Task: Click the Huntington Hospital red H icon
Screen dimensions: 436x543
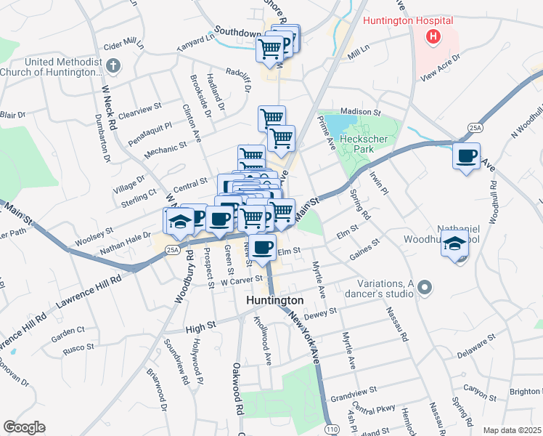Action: click(434, 36)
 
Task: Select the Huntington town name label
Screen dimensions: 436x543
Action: click(274, 300)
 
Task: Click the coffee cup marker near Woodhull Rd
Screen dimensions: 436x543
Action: click(466, 155)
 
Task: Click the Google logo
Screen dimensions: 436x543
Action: click(23, 427)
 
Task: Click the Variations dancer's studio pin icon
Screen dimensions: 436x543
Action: click(425, 288)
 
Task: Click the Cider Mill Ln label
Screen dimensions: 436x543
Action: click(125, 45)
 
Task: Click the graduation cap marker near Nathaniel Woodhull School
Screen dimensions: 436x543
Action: click(454, 243)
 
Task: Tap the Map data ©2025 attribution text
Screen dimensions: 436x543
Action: click(512, 430)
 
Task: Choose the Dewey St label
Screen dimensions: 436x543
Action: click(322, 312)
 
